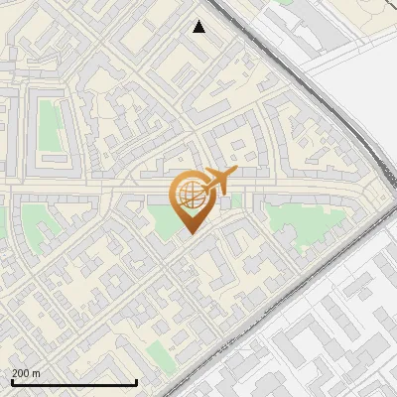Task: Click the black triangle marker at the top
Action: tap(199, 27)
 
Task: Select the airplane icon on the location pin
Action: tap(218, 180)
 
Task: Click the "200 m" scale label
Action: tap(27, 373)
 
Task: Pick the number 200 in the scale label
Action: tap(21, 373)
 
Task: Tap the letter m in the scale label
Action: tap(37, 373)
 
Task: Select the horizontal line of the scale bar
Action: tap(73, 382)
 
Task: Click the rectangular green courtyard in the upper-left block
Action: tap(51, 125)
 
